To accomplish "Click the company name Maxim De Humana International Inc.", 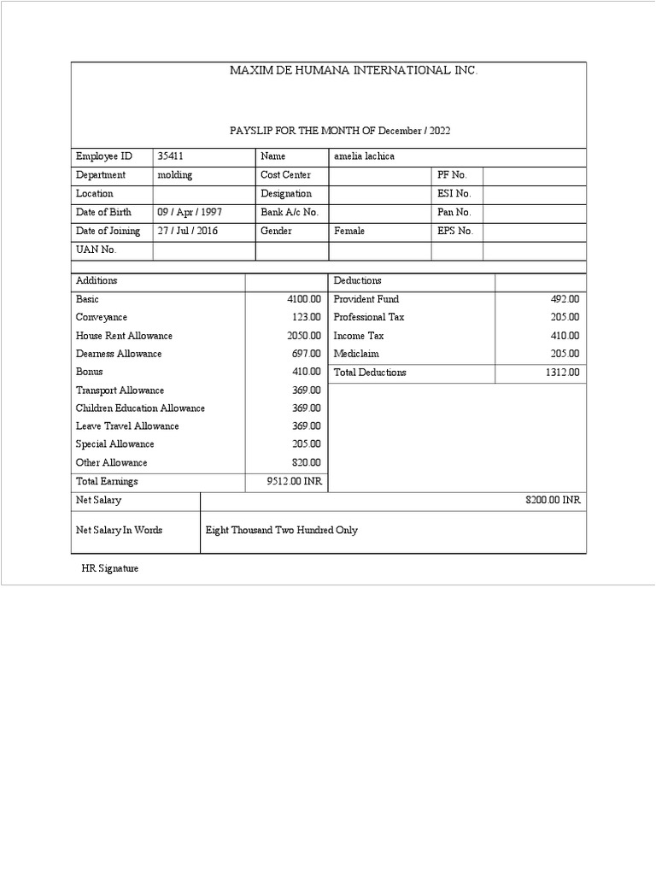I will click(x=354, y=70).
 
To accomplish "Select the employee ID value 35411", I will click(x=171, y=156).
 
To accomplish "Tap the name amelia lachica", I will click(x=365, y=156).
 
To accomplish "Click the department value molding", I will click(x=175, y=175).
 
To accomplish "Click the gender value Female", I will click(x=349, y=231).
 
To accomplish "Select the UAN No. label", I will click(x=96, y=250).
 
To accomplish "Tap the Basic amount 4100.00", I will click(x=304, y=299).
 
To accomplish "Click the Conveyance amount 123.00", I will click(x=307, y=317).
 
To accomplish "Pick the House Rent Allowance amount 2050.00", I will click(x=304, y=336).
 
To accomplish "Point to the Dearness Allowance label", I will click(x=119, y=354).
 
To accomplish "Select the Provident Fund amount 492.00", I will click(x=565, y=299).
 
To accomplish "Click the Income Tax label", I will click(x=359, y=336).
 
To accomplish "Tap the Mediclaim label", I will click(x=356, y=354).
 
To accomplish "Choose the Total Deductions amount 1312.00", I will click(x=562, y=373).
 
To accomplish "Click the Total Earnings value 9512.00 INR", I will click(x=295, y=482).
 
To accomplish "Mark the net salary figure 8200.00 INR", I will click(x=553, y=501).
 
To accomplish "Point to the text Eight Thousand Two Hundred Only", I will click(x=282, y=531).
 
